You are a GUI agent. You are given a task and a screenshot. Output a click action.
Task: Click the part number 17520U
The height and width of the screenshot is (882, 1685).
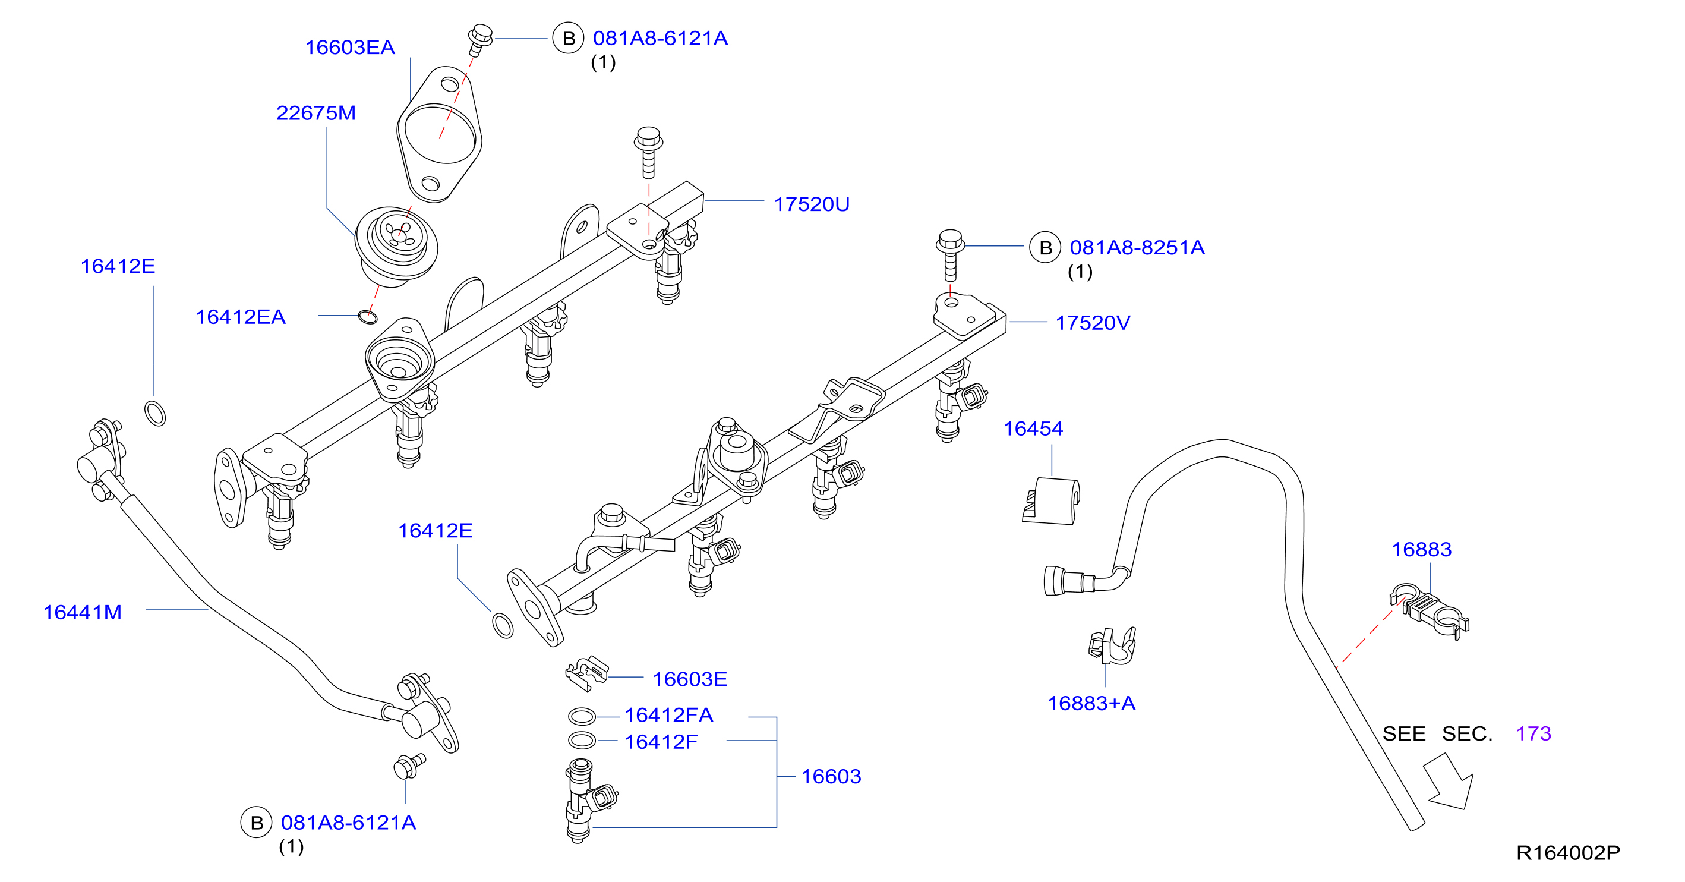point(811,204)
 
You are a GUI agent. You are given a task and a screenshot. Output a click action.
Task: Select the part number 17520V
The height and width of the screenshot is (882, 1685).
point(1093,323)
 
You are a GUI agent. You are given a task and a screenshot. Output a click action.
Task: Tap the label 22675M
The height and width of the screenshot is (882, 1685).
point(316,112)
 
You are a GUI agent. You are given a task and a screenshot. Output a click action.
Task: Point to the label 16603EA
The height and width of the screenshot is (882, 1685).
point(350,47)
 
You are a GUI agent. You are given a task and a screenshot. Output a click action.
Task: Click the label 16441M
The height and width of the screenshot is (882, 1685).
point(83,612)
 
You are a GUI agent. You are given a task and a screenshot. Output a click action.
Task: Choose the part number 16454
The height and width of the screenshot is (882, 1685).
point(1033,429)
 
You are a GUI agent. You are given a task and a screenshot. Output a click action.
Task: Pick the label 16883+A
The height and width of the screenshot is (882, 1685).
point(1091,703)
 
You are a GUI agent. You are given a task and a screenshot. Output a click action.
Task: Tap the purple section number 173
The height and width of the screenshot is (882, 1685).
point(1533,733)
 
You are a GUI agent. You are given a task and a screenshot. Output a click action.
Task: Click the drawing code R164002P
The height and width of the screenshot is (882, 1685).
point(1568,852)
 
